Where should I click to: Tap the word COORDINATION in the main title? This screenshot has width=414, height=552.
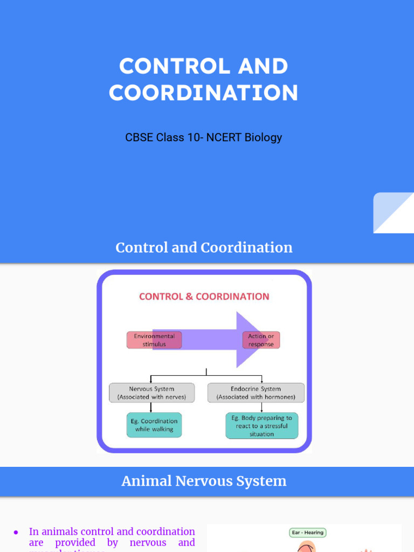[x=203, y=93]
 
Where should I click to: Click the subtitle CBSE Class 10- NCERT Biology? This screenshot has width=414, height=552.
[x=203, y=137]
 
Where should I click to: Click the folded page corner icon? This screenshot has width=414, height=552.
[x=394, y=213]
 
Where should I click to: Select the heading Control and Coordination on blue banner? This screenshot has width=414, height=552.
[x=204, y=247]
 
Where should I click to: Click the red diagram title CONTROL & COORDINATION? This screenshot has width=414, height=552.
[x=204, y=296]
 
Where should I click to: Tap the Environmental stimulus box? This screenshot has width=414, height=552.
[x=154, y=340]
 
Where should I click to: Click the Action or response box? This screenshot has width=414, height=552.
[x=261, y=340]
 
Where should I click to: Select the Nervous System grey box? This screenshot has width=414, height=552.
[x=151, y=392]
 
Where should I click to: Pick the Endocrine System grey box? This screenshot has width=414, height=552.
[x=256, y=392]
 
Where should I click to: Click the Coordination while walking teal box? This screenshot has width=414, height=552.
[x=154, y=425]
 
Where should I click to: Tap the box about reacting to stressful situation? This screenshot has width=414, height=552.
[x=261, y=426]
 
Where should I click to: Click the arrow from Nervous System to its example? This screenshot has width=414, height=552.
[x=151, y=408]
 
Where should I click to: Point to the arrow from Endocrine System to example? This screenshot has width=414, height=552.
[x=261, y=408]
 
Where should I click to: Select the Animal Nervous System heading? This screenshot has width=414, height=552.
[x=204, y=481]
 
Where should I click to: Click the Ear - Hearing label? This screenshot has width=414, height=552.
[x=307, y=533]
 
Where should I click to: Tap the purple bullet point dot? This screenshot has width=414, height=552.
[x=16, y=532]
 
